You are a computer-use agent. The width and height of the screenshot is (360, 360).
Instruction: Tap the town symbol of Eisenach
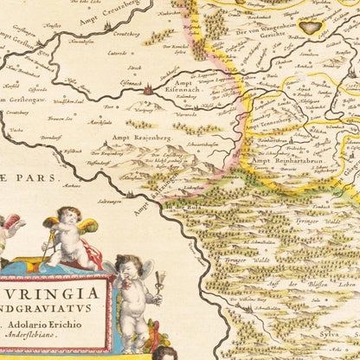pyautogui.click(x=148, y=88)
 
